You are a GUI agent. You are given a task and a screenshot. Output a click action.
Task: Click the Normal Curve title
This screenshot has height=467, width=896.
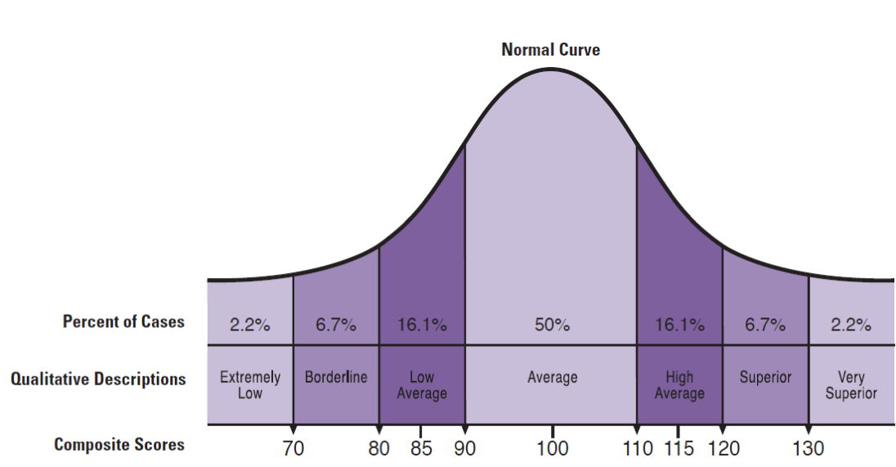(x=550, y=50)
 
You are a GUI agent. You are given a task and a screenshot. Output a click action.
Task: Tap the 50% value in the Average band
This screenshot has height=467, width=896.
(x=552, y=325)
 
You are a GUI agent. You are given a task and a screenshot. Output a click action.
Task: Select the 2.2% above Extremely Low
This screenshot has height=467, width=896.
(x=249, y=325)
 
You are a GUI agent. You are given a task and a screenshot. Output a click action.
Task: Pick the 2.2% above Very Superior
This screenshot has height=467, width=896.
(x=851, y=325)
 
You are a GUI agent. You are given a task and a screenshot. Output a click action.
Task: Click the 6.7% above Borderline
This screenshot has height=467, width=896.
(x=336, y=325)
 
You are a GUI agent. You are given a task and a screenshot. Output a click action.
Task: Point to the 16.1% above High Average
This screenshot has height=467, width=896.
(x=679, y=325)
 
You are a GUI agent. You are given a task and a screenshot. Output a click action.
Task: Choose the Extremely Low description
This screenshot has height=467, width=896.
(x=250, y=385)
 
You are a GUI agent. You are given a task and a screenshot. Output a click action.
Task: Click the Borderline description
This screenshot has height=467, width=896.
(x=336, y=378)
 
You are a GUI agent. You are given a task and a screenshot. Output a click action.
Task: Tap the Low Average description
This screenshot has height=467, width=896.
(x=422, y=385)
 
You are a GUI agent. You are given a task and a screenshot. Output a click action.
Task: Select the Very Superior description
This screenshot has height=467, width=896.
(x=851, y=385)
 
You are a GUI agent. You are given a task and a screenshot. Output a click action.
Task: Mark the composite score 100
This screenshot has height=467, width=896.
(x=552, y=448)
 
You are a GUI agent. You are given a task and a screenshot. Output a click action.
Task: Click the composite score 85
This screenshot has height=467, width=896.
(x=422, y=448)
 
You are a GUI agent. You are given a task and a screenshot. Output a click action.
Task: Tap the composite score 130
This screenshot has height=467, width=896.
(x=808, y=448)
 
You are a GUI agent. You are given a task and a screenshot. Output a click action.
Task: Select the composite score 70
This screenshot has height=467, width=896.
(x=293, y=448)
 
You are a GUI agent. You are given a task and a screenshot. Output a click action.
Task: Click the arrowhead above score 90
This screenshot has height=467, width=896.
(x=465, y=431)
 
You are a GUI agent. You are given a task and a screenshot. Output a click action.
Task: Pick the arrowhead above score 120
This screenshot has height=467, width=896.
(x=723, y=431)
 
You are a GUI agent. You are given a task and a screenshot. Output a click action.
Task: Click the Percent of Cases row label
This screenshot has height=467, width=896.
(x=123, y=322)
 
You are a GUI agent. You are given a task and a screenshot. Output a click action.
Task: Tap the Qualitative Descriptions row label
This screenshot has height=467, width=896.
(x=98, y=379)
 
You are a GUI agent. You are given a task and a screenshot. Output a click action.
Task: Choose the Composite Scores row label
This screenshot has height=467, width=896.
(x=119, y=445)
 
